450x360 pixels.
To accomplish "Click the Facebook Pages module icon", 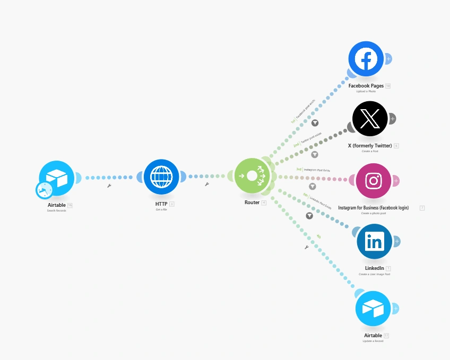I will tap(366, 59).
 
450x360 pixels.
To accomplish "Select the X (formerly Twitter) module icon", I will tap(370, 119).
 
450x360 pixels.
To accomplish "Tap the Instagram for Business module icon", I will tap(374, 181).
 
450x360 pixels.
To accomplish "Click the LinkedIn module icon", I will tap(374, 241).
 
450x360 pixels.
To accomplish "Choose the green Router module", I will tap(252, 176).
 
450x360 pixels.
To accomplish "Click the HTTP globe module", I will tap(161, 177).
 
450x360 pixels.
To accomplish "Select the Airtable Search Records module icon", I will tap(57, 178).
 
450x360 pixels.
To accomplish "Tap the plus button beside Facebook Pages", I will tap(388, 58).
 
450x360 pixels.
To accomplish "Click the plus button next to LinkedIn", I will tap(396, 241).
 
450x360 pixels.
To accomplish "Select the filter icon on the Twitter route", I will tap(314, 154).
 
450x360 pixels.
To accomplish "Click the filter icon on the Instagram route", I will tap(312, 187).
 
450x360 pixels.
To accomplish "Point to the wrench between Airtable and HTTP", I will tap(109, 186).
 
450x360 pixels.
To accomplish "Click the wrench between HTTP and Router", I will tap(206, 185).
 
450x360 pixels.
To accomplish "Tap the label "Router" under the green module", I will tap(252, 203).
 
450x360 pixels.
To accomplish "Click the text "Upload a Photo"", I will tap(366, 91).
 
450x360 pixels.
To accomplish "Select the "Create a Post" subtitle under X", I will tap(370, 151).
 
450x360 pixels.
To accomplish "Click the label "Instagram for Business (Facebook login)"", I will tap(374, 208).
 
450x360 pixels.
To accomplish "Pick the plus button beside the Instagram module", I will tap(396, 181).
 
